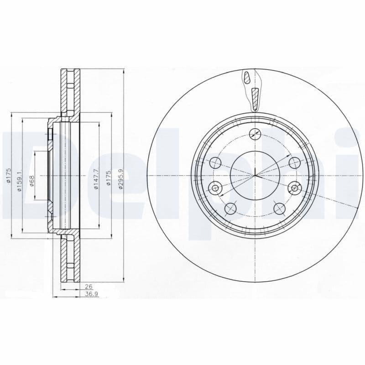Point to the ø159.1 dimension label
click(x=18, y=176)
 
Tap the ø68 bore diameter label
click(x=31, y=176)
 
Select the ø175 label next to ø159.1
click(x=8, y=176)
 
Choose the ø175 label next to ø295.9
click(x=108, y=176)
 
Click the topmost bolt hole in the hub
click(x=255, y=133)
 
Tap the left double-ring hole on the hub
click(x=216, y=187)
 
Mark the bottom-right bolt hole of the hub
click(x=279, y=209)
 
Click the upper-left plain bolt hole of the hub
click(x=215, y=162)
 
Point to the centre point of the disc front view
click(x=255, y=176)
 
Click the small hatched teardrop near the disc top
click(x=247, y=78)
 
